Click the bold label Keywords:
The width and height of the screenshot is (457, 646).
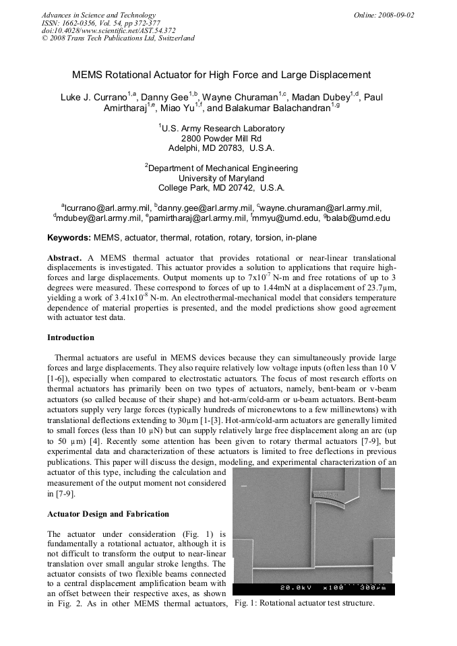[x=69, y=238]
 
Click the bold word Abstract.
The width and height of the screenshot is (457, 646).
[x=63, y=258]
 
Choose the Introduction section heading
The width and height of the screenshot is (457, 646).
[x=71, y=337]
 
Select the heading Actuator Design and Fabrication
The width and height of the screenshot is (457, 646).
[x=108, y=514]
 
